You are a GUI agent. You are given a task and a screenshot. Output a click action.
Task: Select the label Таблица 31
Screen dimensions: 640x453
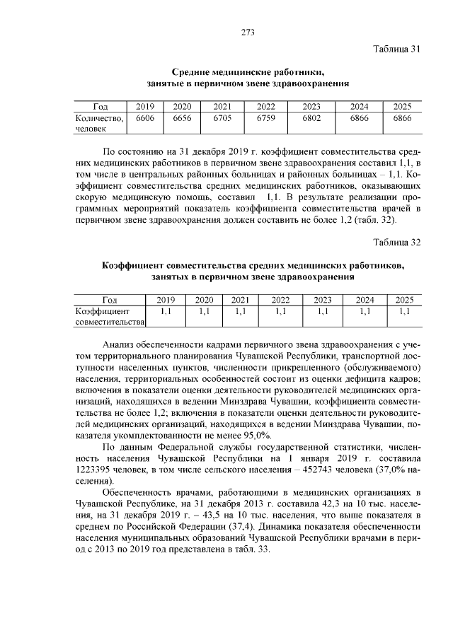point(396,49)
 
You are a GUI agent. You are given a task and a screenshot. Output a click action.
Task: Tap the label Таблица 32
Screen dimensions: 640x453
point(396,242)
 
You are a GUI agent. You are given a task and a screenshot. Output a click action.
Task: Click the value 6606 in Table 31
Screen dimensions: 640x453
point(145,118)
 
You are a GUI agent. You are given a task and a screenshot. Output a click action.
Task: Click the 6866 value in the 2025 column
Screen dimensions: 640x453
point(402,118)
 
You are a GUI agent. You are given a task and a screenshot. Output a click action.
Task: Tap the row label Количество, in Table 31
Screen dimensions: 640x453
point(100,118)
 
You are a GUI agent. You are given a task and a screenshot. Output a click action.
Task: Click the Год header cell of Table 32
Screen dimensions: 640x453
point(110,300)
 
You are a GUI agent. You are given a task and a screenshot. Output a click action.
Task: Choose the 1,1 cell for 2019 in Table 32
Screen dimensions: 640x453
point(166,311)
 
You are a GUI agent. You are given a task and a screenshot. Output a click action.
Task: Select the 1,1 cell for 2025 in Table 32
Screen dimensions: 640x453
point(404,311)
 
